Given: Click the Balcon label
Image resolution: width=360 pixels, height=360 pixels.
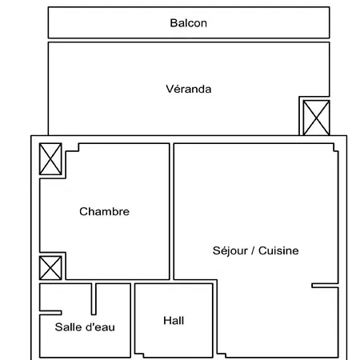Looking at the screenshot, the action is [x=188, y=23].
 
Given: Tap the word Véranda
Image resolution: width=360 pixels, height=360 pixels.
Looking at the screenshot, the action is [x=189, y=89].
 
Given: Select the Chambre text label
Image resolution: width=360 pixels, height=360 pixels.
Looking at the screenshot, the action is [x=104, y=211].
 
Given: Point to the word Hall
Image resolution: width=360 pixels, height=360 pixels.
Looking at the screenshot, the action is [x=174, y=321].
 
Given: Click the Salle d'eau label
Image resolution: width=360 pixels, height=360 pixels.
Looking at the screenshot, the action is [x=85, y=327].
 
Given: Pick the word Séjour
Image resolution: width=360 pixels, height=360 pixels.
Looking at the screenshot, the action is [x=230, y=251].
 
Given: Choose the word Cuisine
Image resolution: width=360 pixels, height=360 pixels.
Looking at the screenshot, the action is [x=278, y=250].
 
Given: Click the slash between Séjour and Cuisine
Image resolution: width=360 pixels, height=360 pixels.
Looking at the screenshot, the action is [x=253, y=250].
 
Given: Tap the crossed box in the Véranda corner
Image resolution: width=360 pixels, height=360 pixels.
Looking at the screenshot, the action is [x=316, y=118].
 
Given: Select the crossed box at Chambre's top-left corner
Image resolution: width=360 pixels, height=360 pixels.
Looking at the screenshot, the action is [x=50, y=159].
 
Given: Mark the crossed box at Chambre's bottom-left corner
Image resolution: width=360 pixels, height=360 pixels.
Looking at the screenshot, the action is [x=50, y=268].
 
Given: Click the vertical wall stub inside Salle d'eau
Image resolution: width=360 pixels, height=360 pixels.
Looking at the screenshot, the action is [x=94, y=299].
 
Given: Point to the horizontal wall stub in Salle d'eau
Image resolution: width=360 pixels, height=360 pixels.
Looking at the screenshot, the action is [x=50, y=313].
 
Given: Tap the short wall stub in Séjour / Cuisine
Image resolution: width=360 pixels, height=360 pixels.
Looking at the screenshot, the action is [x=325, y=286].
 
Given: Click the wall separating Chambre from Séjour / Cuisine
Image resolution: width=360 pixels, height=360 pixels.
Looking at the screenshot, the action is [x=172, y=211].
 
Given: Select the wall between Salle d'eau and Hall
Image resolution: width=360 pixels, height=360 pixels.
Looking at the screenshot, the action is [x=133, y=320].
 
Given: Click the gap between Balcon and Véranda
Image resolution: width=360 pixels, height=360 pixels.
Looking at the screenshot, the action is [x=189, y=40].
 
